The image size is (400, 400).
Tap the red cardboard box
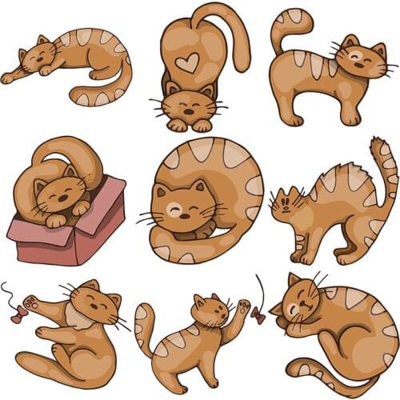coord(68,232)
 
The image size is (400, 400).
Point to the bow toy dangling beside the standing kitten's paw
coord(258,314)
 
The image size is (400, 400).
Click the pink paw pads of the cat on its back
coord(31,302)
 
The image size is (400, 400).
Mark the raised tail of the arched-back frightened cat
coord(386,172)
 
